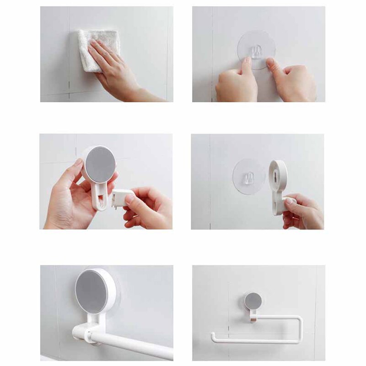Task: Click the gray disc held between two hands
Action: (x=100, y=165)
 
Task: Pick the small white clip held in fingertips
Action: (x=120, y=198)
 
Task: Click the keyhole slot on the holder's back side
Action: (x=278, y=174)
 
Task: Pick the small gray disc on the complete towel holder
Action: (x=253, y=301)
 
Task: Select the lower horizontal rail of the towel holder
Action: (x=256, y=341)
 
